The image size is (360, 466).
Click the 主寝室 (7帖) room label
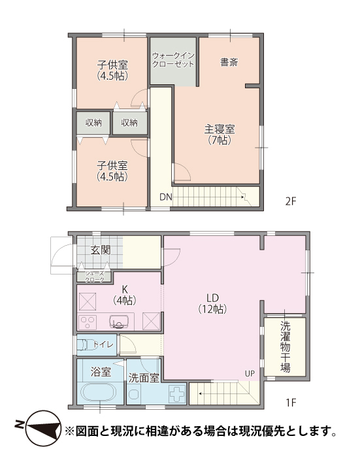pos(220,135)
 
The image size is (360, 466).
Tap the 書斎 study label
pos(229,62)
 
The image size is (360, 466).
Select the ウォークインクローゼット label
pos(173,59)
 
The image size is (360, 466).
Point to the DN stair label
pos(166,197)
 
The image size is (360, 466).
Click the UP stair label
pos(250,374)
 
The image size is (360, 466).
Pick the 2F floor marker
pos(291,201)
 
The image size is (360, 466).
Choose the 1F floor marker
pos(291,403)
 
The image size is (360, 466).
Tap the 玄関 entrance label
pos(101,250)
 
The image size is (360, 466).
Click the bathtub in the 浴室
pos(98,393)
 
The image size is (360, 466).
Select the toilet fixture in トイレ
pos(85,344)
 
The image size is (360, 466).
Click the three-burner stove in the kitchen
pos(88,322)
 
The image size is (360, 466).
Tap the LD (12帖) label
pos(213,303)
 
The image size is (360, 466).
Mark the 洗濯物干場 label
pos(285,347)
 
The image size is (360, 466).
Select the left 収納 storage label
pos(93,122)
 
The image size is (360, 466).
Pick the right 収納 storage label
pos(129,122)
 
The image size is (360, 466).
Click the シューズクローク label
pos(95,276)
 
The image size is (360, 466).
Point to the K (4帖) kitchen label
pos(125,295)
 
